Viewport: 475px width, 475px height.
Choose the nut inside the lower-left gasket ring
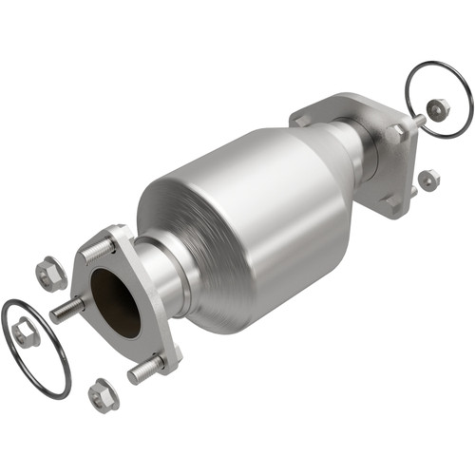[26, 333]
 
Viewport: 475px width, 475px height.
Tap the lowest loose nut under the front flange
[103, 394]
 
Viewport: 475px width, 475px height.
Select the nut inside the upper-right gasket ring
[438, 110]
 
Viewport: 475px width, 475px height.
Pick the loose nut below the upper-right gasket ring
[428, 179]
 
